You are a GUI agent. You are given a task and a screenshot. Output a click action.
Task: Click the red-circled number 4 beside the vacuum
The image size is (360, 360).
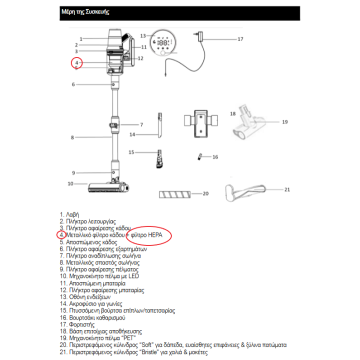point(76,62)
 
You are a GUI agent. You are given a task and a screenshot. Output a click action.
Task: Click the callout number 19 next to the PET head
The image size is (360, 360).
point(285,121)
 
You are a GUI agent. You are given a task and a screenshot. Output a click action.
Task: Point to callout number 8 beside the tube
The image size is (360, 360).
point(72,137)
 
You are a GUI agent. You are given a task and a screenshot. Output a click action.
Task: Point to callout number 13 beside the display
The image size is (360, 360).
point(143,36)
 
